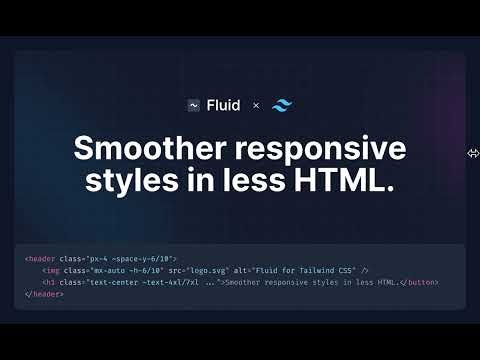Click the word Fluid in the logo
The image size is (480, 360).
pyautogui.click(x=223, y=105)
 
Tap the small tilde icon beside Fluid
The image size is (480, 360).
pyautogui.click(x=194, y=105)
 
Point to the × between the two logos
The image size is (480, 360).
pyautogui.click(x=256, y=105)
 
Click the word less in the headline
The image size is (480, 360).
pyautogui.click(x=261, y=183)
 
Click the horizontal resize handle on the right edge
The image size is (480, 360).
pyautogui.click(x=473, y=153)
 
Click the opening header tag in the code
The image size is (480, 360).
pyautogui.click(x=41, y=259)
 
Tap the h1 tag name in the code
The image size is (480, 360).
pyautogui.click(x=50, y=283)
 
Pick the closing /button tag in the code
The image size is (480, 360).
pyautogui.click(x=419, y=283)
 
